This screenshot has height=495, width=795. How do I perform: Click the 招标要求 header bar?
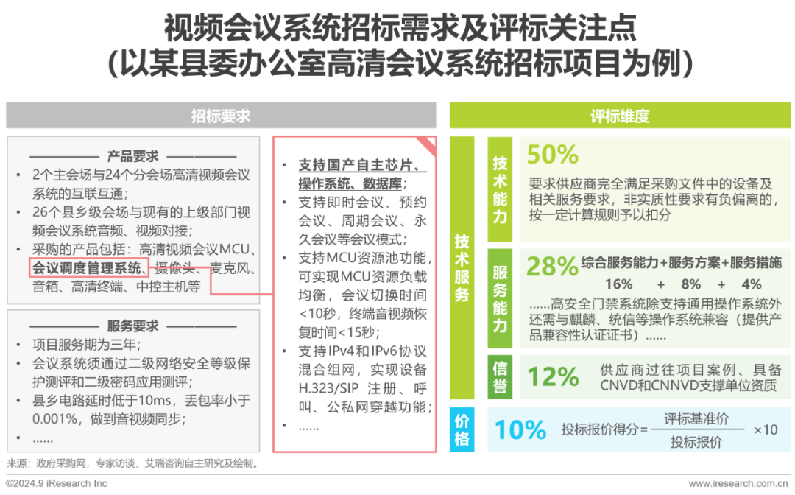point(221,116)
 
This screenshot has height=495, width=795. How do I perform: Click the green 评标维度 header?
point(620,116)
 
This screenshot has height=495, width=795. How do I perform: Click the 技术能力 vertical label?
point(500,189)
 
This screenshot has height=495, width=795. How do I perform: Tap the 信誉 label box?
point(500,377)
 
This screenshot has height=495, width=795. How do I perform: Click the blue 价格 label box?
point(462,429)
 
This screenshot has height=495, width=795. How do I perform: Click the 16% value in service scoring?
point(618,284)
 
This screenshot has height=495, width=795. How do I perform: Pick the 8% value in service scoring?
point(690,284)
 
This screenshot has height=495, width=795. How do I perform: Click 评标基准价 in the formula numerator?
point(696,418)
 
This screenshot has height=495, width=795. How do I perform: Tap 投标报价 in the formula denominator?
point(696,442)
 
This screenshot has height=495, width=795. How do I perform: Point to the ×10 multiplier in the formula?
point(766,429)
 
